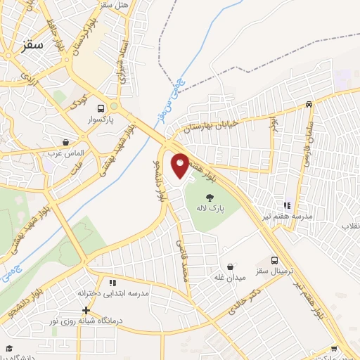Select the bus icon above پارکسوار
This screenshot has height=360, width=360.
click(102, 108)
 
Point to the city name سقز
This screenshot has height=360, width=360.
click(32, 44)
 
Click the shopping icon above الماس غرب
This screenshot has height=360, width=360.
click(65, 142)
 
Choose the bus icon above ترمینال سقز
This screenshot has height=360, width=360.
click(274, 260)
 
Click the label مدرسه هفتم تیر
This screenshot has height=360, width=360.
click(286, 217)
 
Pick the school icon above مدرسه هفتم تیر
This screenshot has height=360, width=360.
click(286, 205)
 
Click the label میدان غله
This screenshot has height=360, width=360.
click(230, 278)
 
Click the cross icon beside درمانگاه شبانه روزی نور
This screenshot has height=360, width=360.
click(86, 310)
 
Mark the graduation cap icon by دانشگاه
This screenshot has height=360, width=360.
click(9, 348)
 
